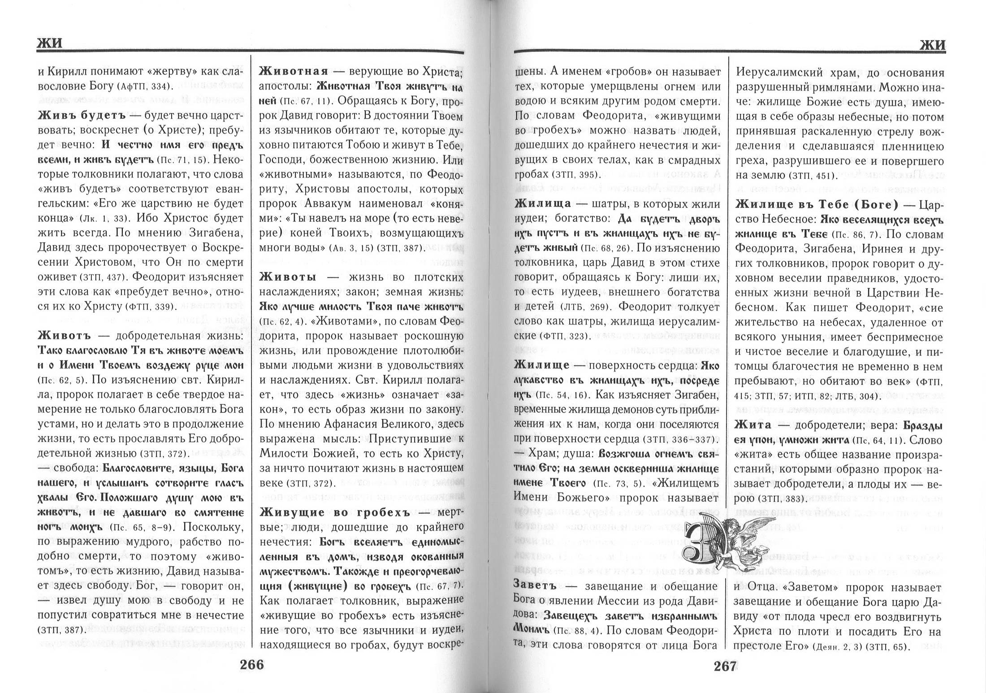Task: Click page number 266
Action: click(252, 665)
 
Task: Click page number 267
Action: click(725, 667)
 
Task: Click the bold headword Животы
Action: click(288, 277)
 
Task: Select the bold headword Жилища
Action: click(543, 204)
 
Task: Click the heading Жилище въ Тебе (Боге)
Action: click(817, 205)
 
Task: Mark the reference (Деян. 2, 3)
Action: click(836, 647)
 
